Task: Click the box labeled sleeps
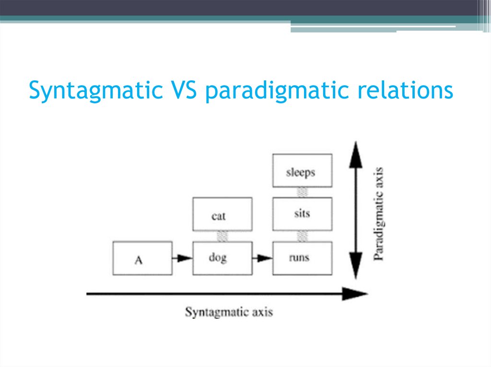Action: pos(302,170)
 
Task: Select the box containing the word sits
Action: pos(302,214)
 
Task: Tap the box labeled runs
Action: pos(302,258)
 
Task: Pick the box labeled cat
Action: pos(222,214)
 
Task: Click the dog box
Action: pos(222,258)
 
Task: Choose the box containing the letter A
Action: pos(142,258)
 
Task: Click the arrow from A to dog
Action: pos(182,258)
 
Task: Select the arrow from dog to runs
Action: pos(262,258)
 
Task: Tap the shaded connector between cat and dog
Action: pos(222,236)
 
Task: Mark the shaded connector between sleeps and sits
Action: pos(302,192)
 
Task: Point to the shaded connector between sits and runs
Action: pos(302,236)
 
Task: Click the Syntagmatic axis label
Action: pos(229,312)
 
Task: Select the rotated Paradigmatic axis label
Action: pos(379,213)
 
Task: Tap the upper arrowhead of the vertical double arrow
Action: pos(355,154)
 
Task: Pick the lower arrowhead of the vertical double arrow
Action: pos(355,268)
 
